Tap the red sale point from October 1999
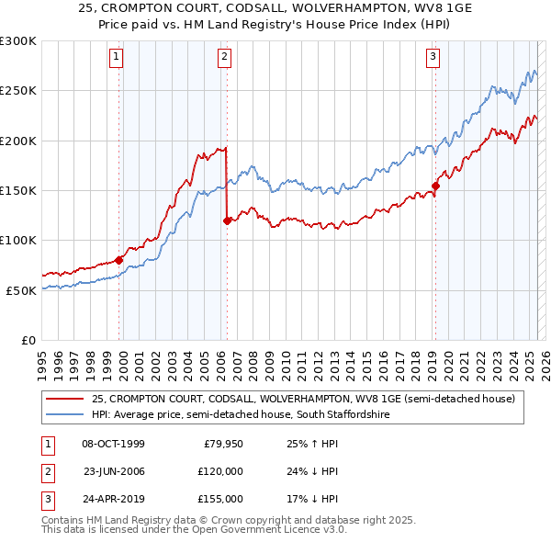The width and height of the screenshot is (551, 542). click(x=119, y=260)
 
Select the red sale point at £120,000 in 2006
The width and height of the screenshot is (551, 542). click(x=227, y=220)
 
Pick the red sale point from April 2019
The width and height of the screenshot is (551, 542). click(x=435, y=186)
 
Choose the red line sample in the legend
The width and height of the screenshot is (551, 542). click(x=65, y=399)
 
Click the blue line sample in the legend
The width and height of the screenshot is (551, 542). click(x=65, y=415)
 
